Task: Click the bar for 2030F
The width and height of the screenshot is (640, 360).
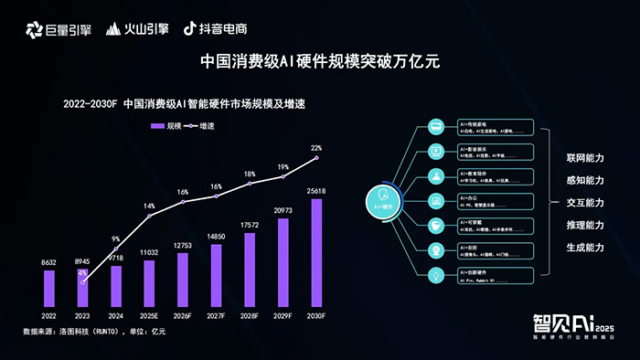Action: click(x=316, y=253)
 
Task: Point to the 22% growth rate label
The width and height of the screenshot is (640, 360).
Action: click(x=316, y=147)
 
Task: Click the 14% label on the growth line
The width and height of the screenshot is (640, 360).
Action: click(x=149, y=206)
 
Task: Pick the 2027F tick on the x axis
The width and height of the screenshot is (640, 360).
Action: click(x=216, y=314)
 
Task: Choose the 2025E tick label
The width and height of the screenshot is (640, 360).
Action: click(x=149, y=314)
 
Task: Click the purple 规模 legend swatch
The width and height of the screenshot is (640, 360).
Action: click(x=157, y=126)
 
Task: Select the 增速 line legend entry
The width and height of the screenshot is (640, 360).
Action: click(x=201, y=126)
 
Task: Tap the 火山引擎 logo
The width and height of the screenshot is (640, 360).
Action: click(x=138, y=28)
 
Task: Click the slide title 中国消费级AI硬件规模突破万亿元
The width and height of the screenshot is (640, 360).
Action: click(x=320, y=62)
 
